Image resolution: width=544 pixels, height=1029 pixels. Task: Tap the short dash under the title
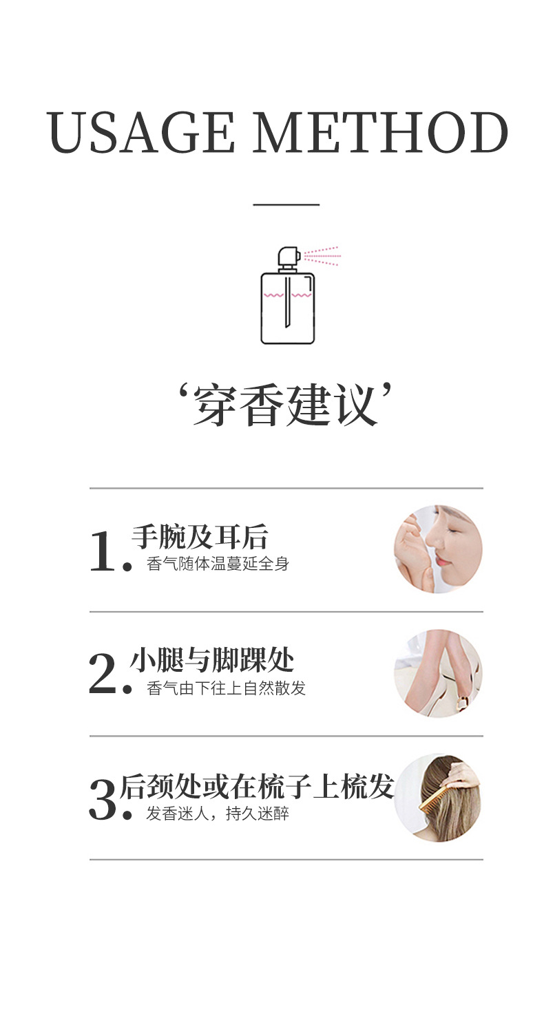tap(286, 204)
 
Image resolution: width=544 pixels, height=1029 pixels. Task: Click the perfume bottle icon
tap(287, 306)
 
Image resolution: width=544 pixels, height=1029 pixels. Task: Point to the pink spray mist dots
tap(322, 255)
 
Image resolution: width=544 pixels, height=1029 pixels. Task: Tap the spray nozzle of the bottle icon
tap(289, 256)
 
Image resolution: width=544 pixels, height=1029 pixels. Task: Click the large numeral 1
tap(103, 552)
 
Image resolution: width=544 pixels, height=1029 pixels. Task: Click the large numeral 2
tap(103, 675)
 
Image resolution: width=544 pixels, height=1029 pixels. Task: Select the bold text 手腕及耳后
tap(200, 537)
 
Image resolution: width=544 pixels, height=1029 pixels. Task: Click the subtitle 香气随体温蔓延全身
tap(218, 564)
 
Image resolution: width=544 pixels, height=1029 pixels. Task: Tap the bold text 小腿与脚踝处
tap(212, 661)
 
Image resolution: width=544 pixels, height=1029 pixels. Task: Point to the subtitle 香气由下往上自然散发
tap(226, 688)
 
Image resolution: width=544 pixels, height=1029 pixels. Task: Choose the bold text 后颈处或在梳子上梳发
tap(256, 786)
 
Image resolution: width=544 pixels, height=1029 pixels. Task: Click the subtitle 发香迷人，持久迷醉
tap(218, 814)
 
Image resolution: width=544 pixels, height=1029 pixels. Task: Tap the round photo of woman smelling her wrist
tap(438, 549)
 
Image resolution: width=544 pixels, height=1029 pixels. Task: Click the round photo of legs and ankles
tap(438, 673)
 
